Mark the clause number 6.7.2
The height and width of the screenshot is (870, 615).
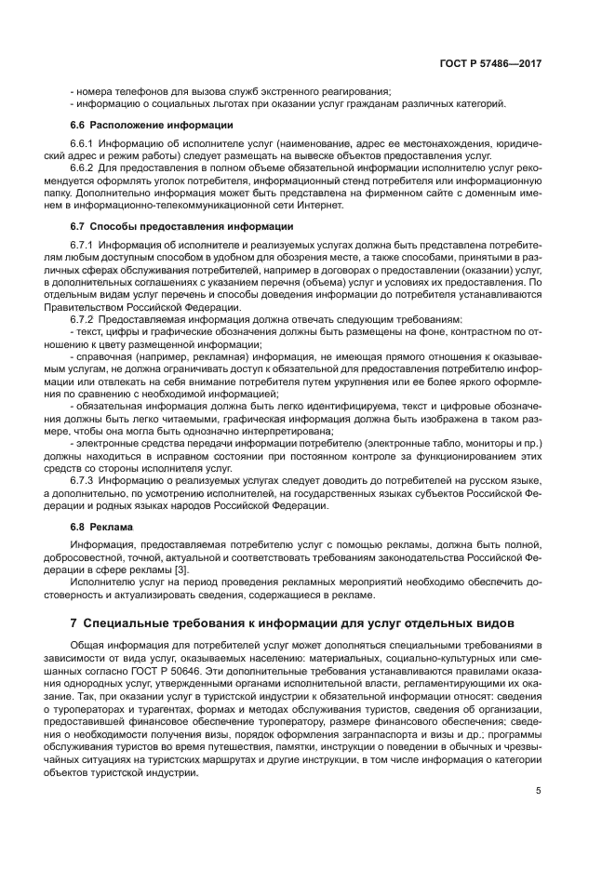84,319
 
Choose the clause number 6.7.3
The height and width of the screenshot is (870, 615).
84,480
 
